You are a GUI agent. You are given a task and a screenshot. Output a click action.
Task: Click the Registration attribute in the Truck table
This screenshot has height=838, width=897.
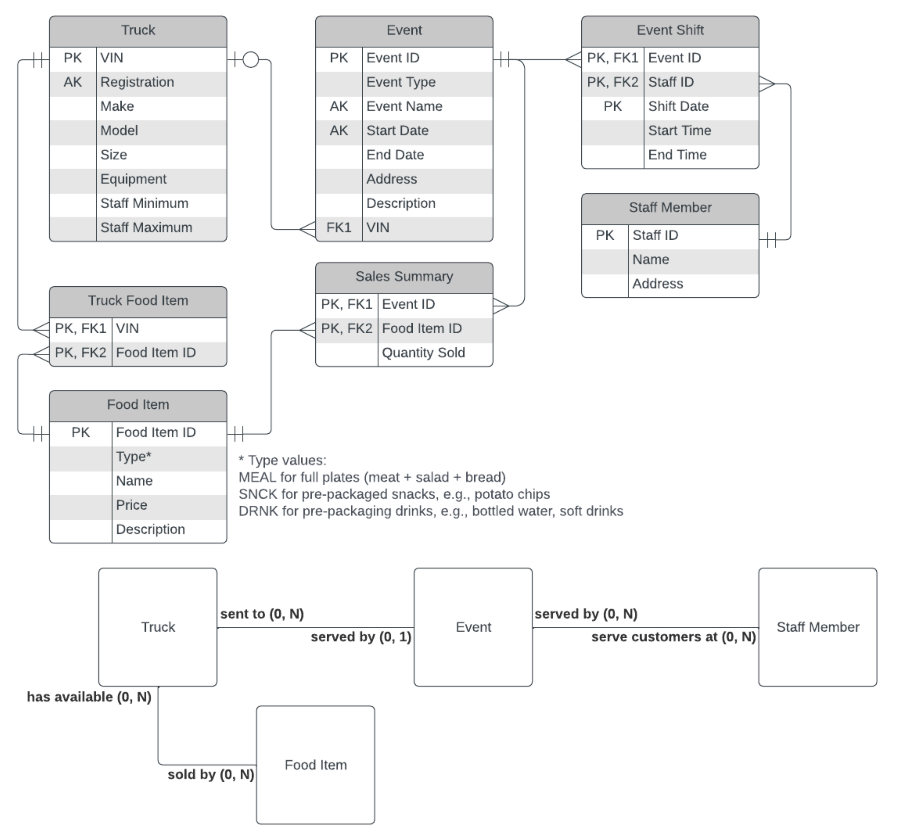click(137, 82)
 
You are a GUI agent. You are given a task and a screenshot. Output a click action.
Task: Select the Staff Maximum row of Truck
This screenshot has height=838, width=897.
click(146, 227)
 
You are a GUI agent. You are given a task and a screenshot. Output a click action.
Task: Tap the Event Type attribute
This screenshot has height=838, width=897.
click(401, 82)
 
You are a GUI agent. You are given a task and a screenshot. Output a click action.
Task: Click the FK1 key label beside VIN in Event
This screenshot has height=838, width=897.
click(339, 227)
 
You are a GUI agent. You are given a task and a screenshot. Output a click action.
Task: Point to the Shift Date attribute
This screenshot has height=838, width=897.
click(678, 106)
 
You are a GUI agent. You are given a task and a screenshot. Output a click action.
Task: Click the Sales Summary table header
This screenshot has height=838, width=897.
click(404, 277)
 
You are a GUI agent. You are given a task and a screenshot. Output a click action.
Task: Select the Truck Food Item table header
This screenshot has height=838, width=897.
click(138, 300)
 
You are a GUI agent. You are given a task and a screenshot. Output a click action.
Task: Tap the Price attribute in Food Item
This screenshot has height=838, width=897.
click(131, 505)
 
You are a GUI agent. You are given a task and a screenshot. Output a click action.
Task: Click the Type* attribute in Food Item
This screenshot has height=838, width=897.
click(134, 457)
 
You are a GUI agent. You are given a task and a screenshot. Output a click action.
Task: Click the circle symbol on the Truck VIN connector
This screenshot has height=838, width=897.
click(251, 59)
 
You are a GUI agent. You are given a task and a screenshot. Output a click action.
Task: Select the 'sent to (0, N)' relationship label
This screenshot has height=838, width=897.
click(262, 614)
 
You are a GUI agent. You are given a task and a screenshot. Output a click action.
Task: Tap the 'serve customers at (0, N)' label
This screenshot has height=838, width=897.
click(673, 637)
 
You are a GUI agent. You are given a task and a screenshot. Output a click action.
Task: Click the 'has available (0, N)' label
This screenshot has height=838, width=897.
click(89, 697)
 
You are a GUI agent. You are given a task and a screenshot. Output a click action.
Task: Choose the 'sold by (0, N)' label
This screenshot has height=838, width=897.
click(211, 774)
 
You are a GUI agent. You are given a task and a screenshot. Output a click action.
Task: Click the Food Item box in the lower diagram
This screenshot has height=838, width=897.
click(315, 765)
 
